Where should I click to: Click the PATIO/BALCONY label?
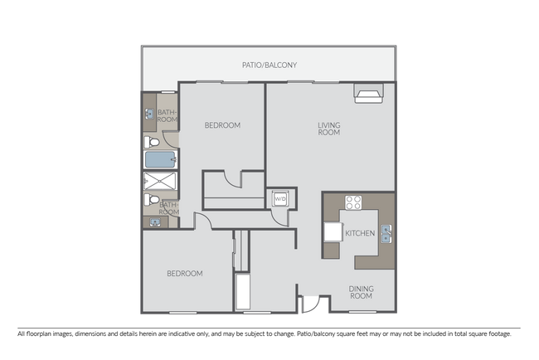coord(269,65)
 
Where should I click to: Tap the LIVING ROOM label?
coord(329,129)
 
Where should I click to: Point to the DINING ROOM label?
coord(361,292)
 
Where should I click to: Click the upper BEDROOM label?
coord(222,125)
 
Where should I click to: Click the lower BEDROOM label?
coord(184,273)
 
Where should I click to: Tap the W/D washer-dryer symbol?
coord(279,199)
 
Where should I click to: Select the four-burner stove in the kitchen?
coord(353,203)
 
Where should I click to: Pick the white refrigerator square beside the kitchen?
coord(332,231)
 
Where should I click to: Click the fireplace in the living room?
coord(367,94)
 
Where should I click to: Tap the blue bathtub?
coord(160,159)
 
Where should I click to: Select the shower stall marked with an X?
coord(158,182)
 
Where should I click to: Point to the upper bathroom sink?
coord(149,112)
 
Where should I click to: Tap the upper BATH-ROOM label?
coord(168,115)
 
